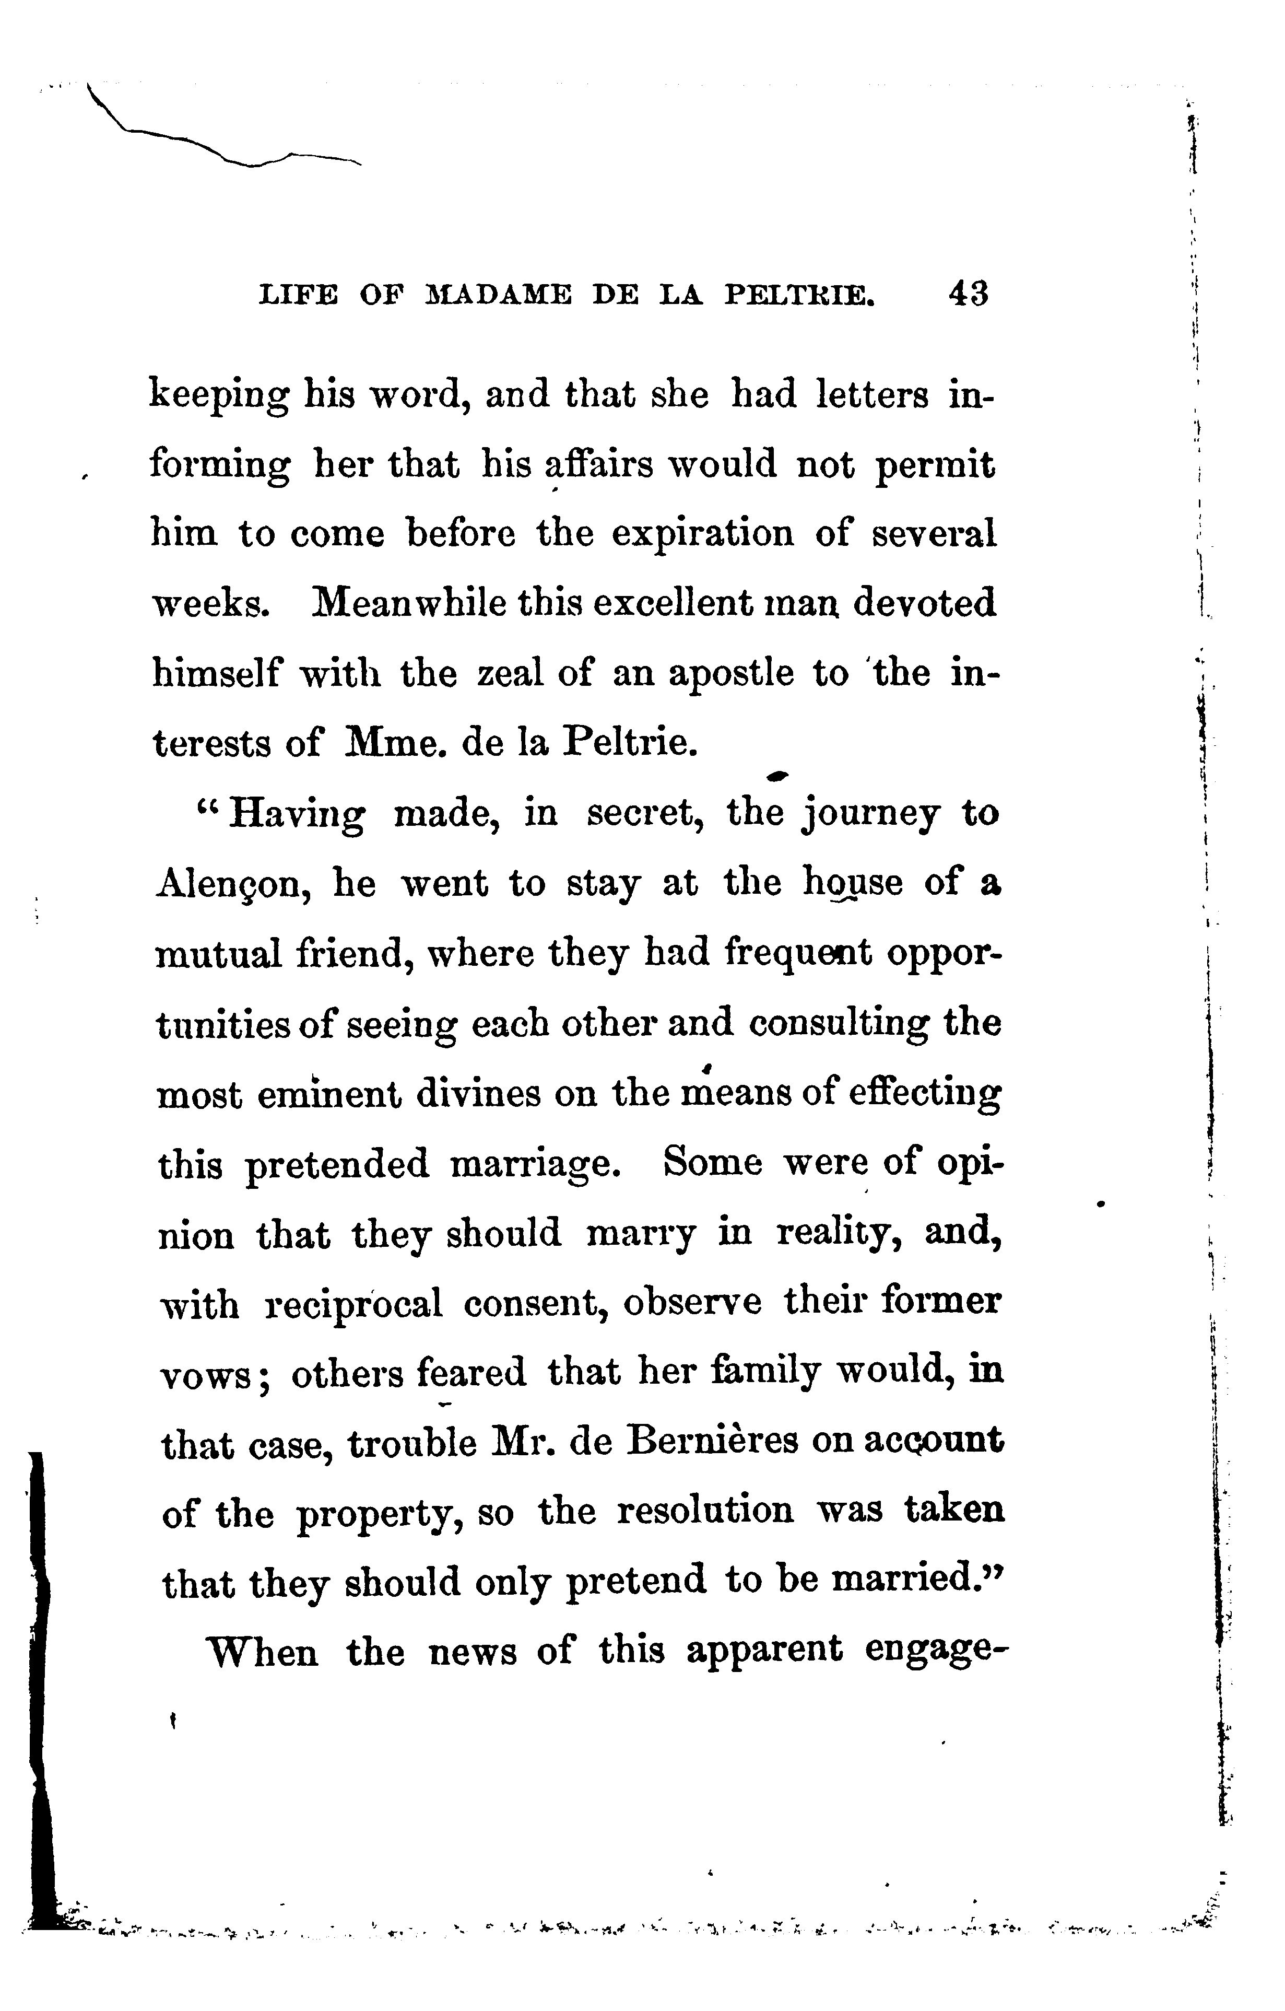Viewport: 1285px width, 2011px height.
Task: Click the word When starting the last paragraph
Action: tap(262, 1652)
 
